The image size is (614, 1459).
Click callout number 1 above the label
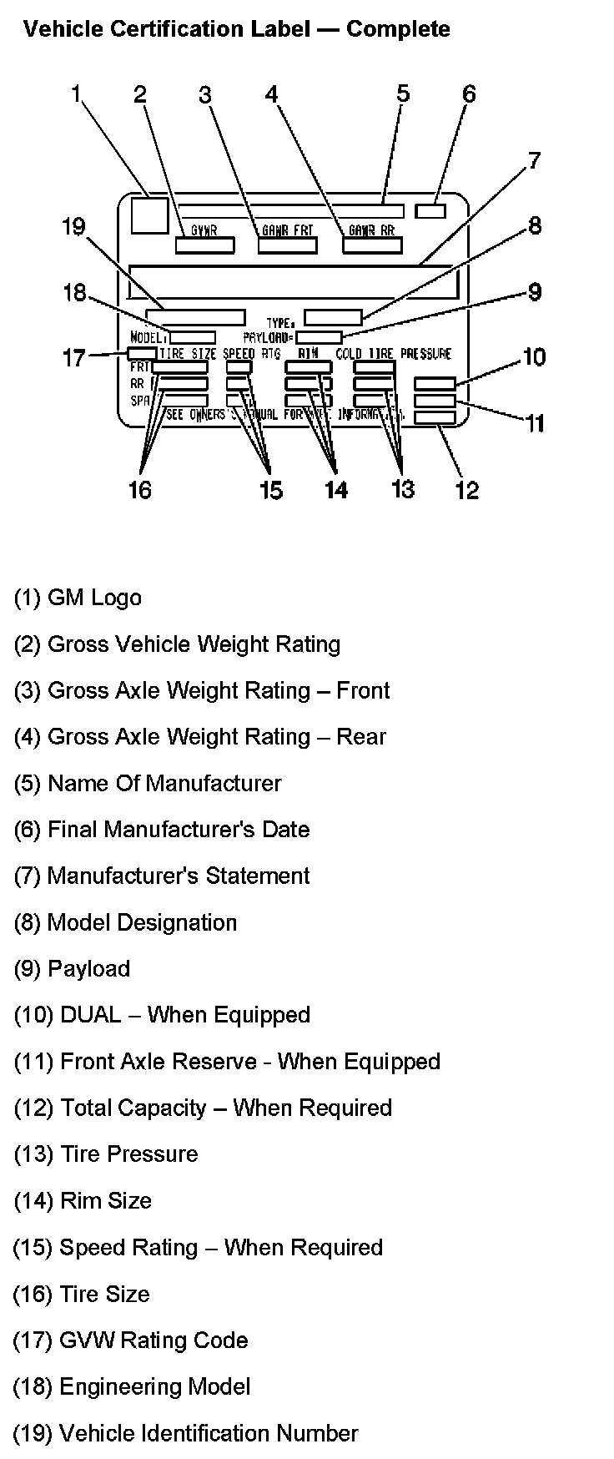point(76,93)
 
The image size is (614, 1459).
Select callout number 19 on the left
point(74,226)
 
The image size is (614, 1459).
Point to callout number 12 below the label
point(466,490)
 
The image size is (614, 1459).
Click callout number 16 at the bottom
point(139,489)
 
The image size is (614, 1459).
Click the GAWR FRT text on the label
point(286,230)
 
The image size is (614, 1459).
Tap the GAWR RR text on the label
point(371,230)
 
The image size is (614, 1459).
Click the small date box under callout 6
point(430,210)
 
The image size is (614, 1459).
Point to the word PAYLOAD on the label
point(267,337)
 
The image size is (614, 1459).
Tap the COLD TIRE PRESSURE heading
point(393,354)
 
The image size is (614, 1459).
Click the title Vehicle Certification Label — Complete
point(236,29)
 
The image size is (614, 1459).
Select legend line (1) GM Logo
point(78,598)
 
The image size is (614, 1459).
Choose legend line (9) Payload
point(72,968)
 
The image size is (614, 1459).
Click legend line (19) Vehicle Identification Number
point(185,1433)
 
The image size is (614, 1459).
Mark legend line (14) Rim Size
point(83,1200)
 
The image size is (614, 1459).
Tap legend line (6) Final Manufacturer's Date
point(162,830)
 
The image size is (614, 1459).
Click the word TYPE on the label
point(280,322)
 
